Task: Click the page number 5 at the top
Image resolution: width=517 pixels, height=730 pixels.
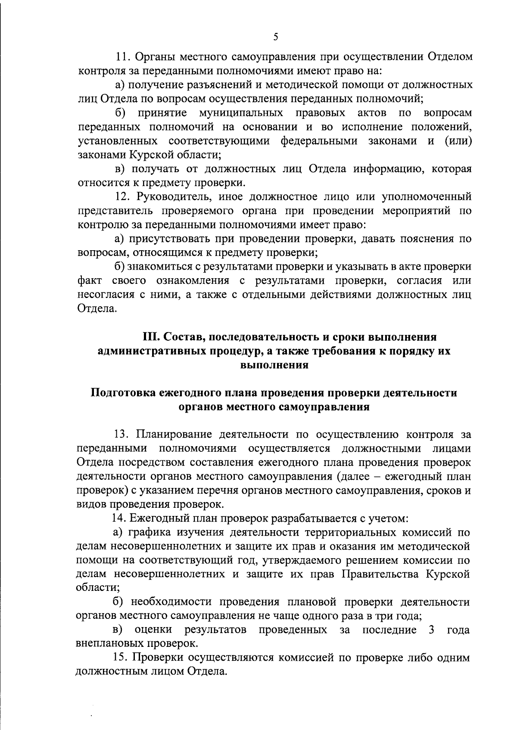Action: [x=276, y=38]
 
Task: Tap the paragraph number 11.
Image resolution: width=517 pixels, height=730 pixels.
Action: [x=124, y=57]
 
